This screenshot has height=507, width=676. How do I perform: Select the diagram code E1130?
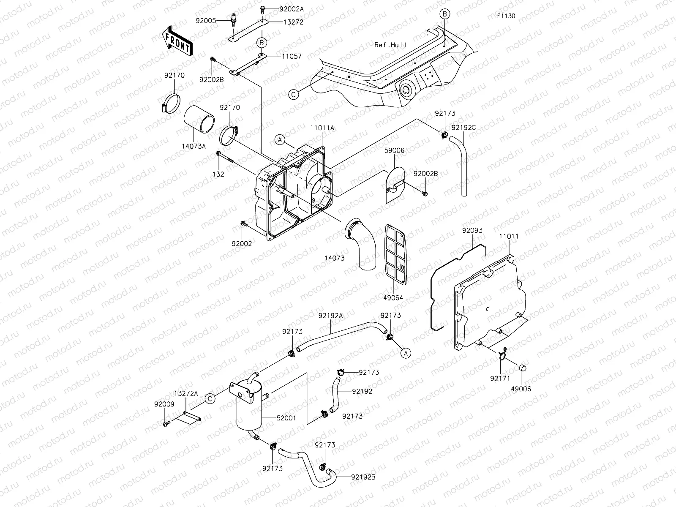[506, 16]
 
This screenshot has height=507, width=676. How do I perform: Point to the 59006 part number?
[394, 150]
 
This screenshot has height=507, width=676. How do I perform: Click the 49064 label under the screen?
[393, 297]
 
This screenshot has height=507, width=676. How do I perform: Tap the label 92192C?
[463, 127]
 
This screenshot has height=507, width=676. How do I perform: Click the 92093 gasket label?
[472, 231]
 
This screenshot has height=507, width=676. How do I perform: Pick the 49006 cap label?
[521, 389]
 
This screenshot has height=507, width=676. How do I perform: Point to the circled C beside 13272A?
[210, 398]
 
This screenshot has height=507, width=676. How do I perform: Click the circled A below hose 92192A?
[405, 353]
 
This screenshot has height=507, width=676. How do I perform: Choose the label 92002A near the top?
[291, 9]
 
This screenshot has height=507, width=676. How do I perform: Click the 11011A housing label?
[322, 127]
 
